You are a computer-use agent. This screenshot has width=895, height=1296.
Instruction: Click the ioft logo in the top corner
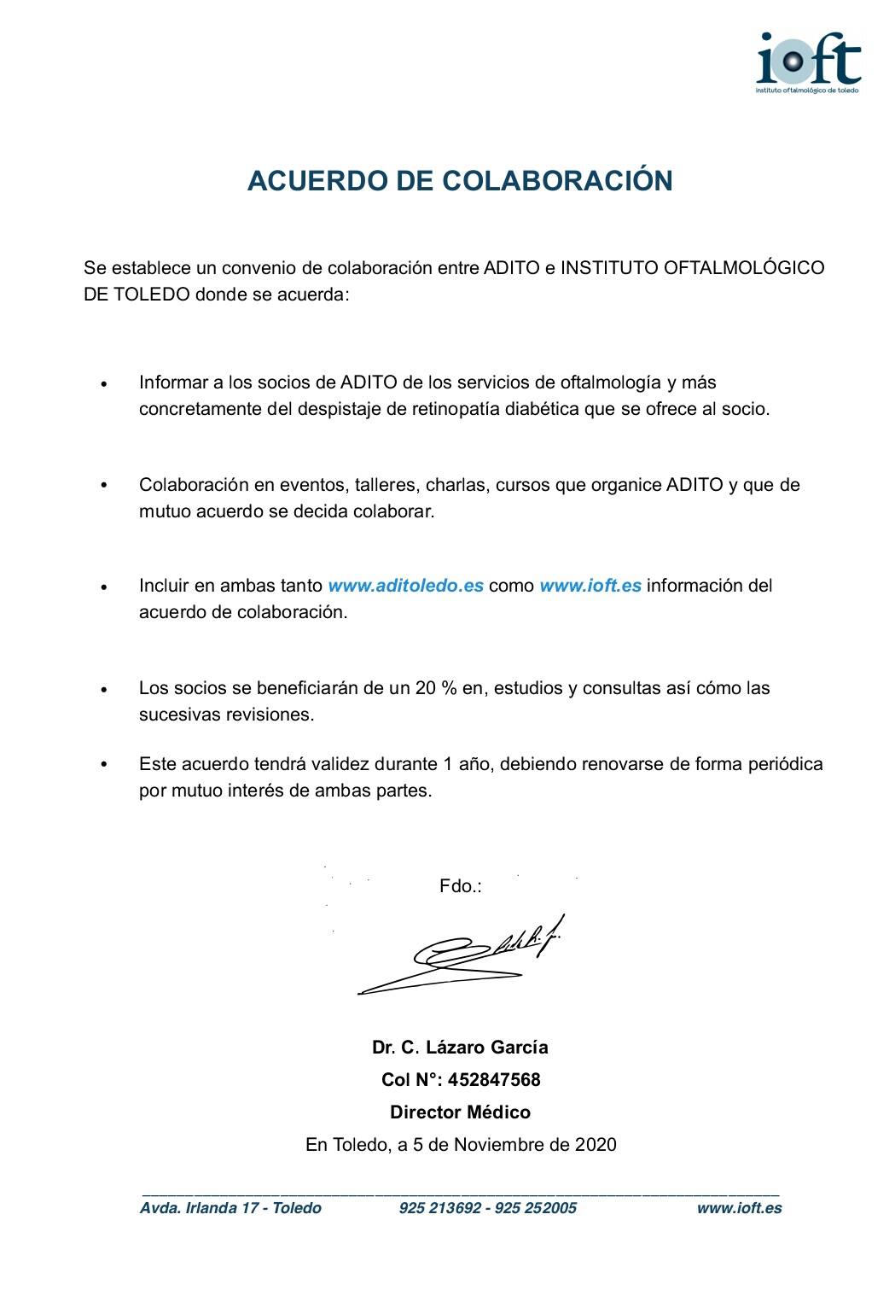809,59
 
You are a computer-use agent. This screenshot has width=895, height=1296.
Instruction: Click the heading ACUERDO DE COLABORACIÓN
460,181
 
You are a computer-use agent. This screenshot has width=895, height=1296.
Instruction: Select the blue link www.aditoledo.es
406,587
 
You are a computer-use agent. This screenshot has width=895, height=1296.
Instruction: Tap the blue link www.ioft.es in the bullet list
590,587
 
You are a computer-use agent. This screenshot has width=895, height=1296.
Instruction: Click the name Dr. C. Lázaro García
460,1047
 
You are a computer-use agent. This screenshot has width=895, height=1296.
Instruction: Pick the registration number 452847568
494,1080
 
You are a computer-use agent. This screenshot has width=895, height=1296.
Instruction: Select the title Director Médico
460,1112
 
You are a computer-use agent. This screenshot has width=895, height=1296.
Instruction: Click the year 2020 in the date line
596,1145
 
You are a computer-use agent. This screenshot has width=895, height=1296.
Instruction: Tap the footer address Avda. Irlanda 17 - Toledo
230,1208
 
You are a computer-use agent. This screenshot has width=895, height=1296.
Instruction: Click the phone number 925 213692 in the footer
439,1208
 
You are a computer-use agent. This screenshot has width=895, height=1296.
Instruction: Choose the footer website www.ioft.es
739,1208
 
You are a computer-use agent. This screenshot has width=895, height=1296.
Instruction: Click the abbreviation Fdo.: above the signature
461,887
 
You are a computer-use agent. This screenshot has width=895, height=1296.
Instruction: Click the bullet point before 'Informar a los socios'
104,385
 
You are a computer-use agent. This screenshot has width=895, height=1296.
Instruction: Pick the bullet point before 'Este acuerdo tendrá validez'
104,765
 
